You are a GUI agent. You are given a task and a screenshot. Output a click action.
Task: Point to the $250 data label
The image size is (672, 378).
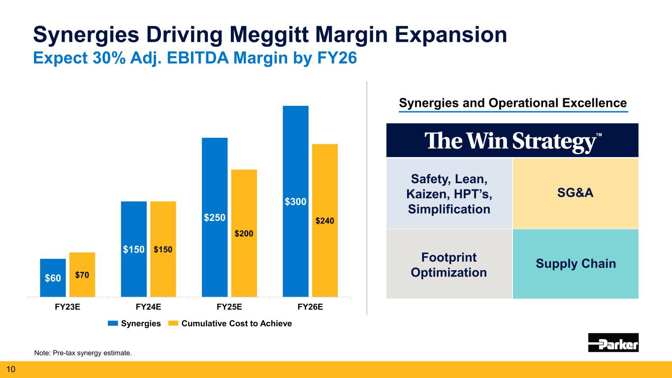coord(214,217)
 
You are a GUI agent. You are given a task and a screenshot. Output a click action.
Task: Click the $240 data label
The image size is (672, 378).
coord(325,221)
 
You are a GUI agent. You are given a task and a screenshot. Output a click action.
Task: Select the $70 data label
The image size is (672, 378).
coord(82,276)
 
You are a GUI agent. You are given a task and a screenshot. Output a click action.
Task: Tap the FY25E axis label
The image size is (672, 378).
coord(229,308)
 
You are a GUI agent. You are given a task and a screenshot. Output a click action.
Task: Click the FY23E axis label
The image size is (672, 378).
coord(67,308)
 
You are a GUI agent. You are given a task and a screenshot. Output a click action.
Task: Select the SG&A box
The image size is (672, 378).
coord(576,193)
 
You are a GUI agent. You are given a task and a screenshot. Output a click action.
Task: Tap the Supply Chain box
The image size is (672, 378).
coord(576,264)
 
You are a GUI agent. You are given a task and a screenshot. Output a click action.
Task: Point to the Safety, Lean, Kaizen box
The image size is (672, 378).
coord(449,193)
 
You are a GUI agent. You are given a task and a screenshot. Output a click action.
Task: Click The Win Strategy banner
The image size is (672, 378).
coord(512,141)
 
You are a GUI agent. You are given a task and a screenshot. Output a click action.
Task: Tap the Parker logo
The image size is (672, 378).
coord(613,343)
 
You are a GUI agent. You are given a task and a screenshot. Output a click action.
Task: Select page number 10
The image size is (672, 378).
coord(11,369)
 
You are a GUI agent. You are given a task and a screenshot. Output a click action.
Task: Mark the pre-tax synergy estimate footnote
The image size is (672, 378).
coord(83,353)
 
